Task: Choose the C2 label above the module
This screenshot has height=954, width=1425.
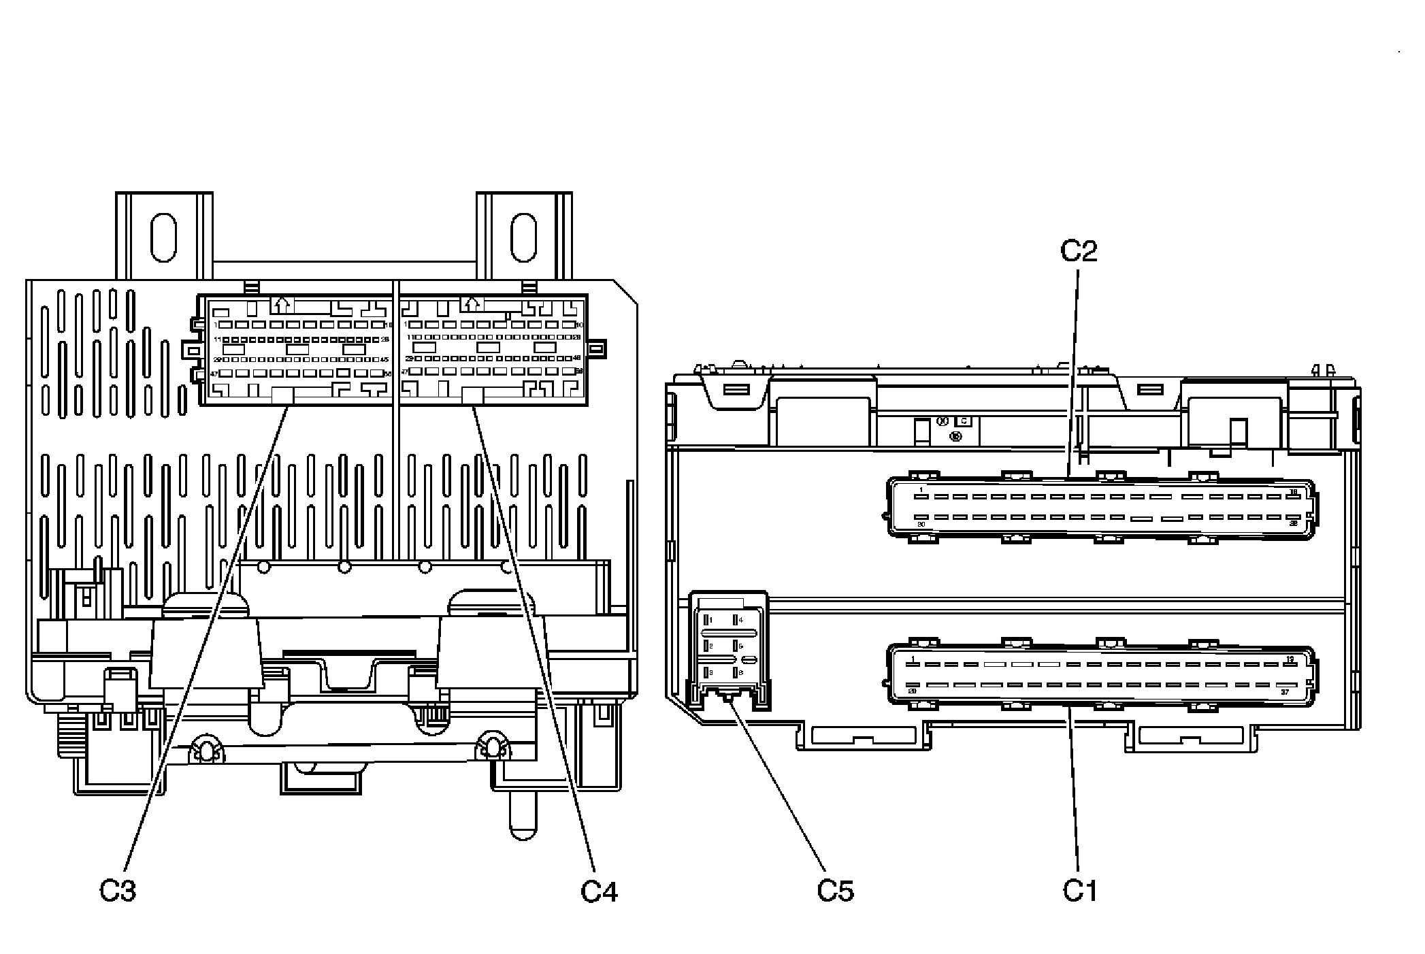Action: (1079, 251)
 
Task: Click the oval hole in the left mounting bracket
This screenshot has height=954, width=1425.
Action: (163, 237)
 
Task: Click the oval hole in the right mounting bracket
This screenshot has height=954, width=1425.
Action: (524, 237)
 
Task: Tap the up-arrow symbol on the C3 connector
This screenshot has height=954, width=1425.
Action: (282, 303)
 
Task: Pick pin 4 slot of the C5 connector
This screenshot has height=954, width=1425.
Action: (736, 620)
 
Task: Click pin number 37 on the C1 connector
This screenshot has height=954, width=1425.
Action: (1284, 692)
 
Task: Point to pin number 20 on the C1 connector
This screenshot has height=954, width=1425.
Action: (913, 691)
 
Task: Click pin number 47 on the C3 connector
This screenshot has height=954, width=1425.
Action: (214, 374)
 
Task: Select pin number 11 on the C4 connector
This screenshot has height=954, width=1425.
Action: (411, 337)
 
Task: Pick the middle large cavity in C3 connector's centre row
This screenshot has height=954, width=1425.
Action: (298, 349)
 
